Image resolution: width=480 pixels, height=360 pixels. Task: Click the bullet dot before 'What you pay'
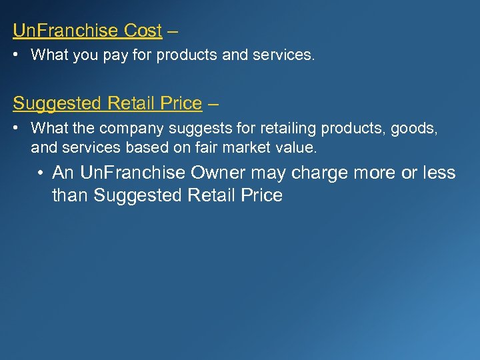[17, 55]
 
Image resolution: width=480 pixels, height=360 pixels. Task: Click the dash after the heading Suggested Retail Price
[213, 103]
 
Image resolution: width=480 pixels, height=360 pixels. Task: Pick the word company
[130, 128]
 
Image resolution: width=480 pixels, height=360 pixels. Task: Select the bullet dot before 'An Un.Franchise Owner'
[42, 173]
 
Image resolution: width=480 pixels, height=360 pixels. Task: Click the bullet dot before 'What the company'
[17, 128]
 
